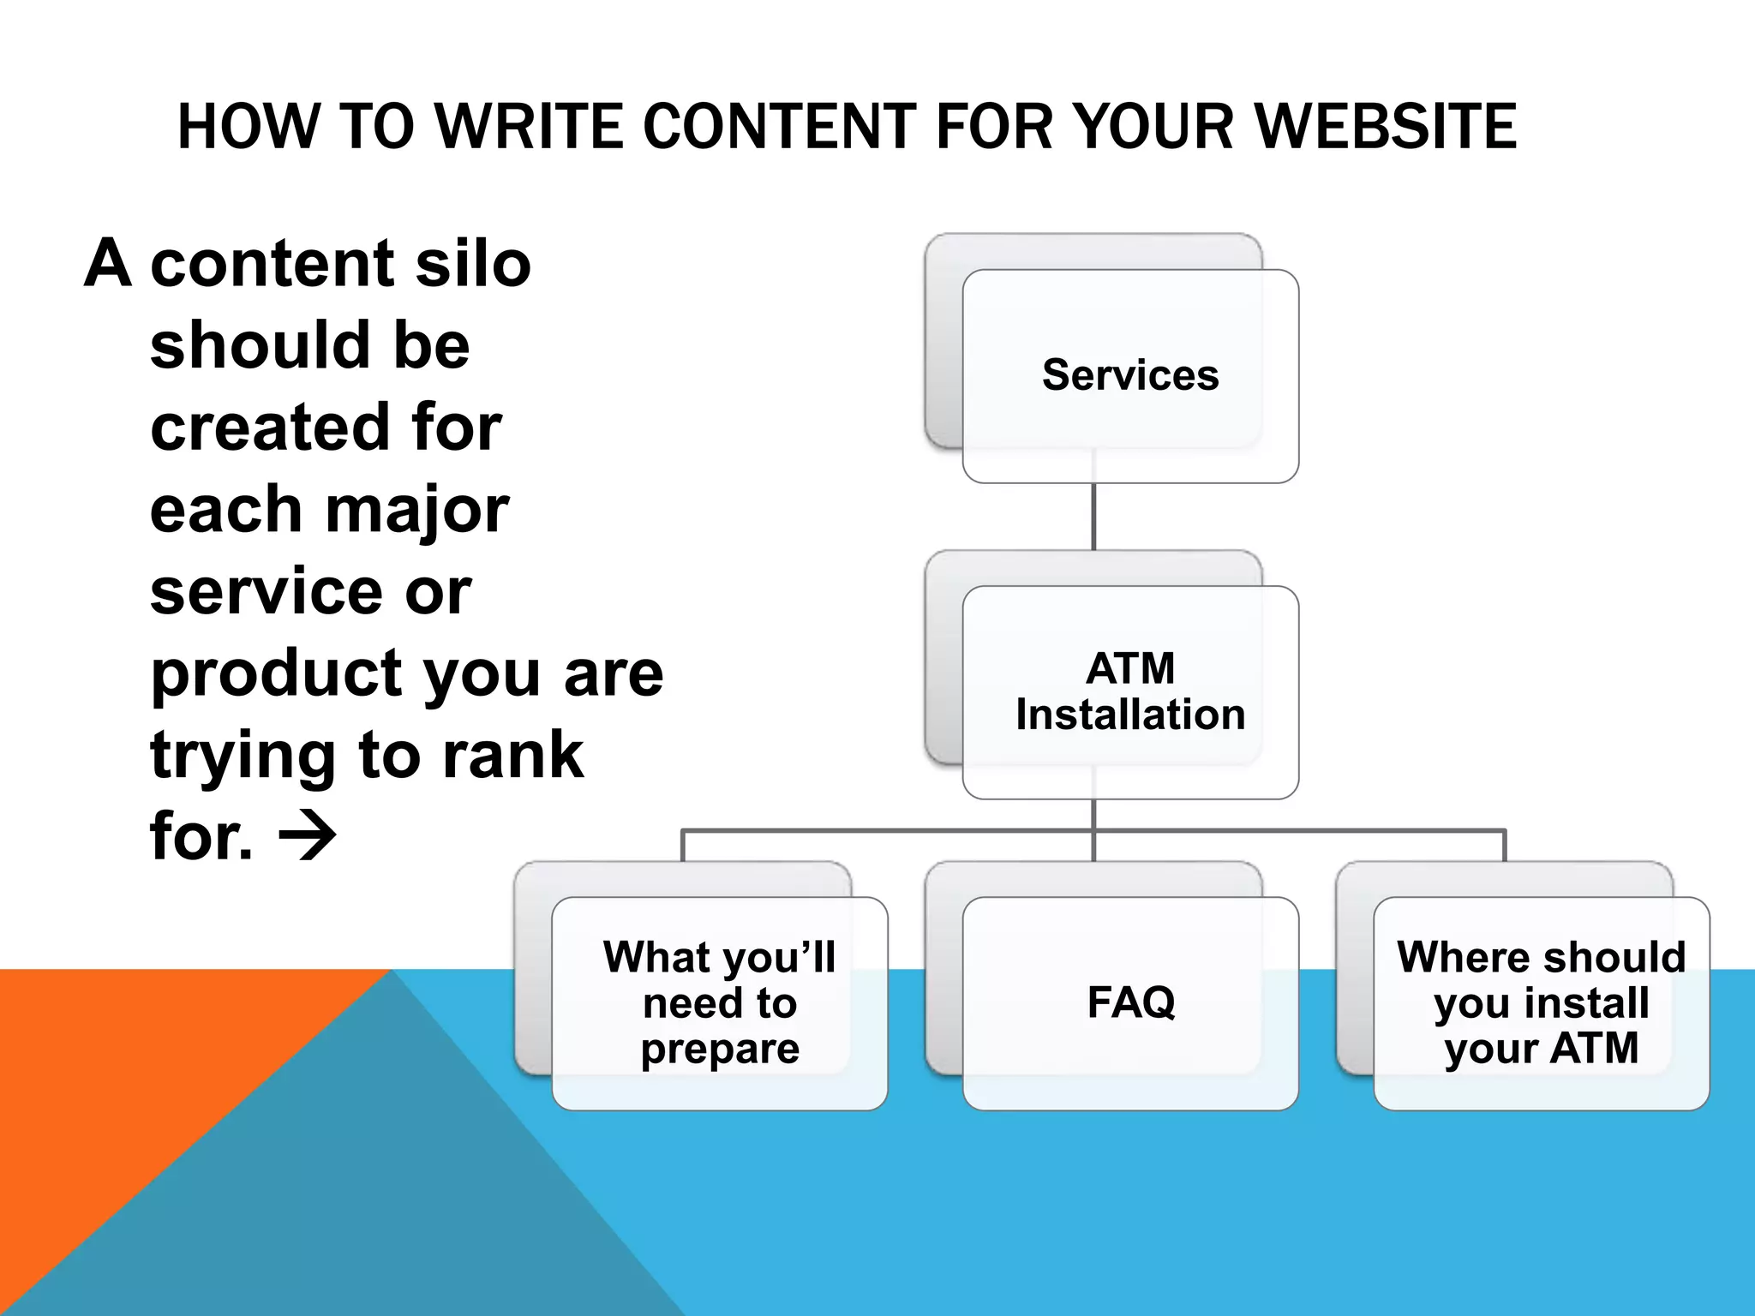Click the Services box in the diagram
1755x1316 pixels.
1129,376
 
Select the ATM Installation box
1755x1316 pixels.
1129,692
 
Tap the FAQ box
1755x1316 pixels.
1130,1002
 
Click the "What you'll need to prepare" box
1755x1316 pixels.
719,1002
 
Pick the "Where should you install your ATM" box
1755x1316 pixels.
1541,1002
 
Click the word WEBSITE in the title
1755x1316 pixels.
1386,127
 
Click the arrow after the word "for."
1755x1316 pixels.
308,837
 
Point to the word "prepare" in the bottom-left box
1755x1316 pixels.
720,1049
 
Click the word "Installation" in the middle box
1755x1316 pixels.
1129,715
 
